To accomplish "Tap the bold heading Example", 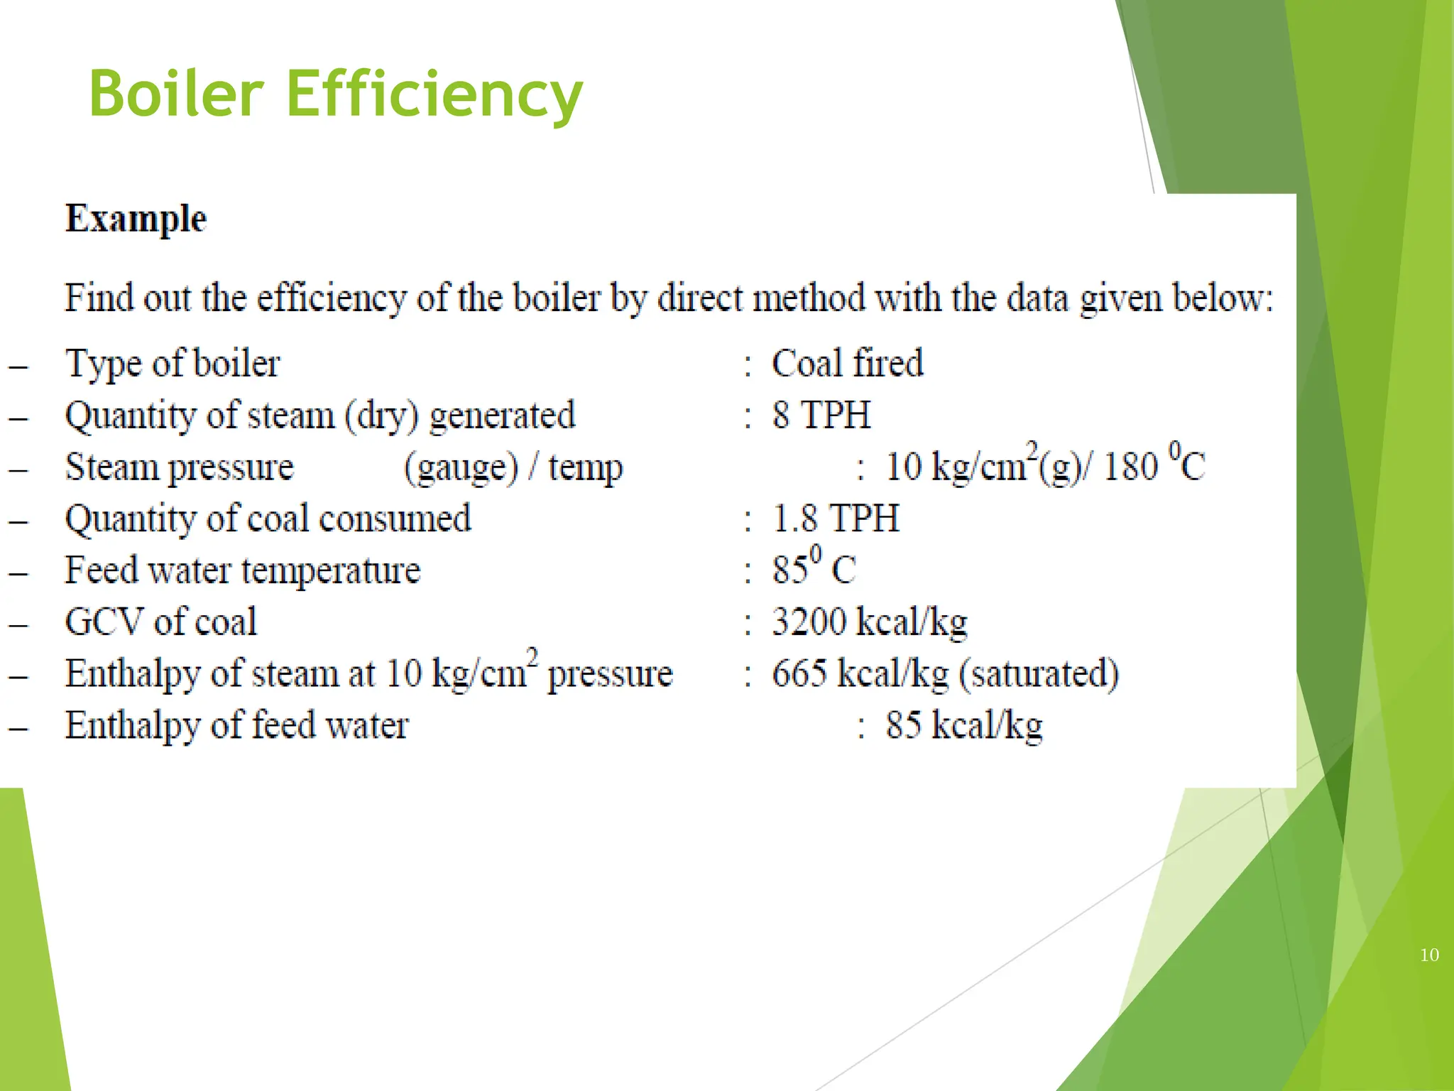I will pos(136,218).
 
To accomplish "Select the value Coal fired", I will pos(847,364).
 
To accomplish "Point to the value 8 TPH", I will pos(821,416).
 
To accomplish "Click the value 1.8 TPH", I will pos(836,519).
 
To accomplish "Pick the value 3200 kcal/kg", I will pos(869,622).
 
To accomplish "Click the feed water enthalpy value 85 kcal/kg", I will pos(963,726).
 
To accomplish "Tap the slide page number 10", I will pos(1429,955).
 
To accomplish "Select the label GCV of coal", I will pos(160,622).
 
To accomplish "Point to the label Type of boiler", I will pos(173,364).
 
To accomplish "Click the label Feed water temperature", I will pos(243,570).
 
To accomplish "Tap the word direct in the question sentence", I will pos(701,298).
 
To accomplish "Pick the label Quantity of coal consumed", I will pos(268,519).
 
